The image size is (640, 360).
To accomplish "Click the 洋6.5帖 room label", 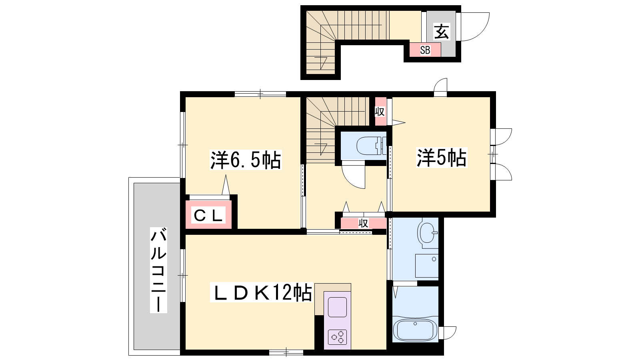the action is click(x=246, y=160).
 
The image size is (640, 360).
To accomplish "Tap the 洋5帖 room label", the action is click(x=442, y=158).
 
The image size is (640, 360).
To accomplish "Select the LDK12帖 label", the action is click(x=261, y=292).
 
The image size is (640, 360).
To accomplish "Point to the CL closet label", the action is click(x=208, y=216).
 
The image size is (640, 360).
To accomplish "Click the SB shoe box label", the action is click(x=425, y=50).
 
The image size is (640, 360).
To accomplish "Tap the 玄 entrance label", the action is click(x=442, y=32).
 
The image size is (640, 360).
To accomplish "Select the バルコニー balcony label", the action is click(x=158, y=270).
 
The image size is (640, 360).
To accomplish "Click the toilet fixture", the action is click(x=372, y=146).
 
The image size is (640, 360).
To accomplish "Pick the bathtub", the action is click(x=415, y=330).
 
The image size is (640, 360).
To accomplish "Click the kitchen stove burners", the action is click(x=338, y=338).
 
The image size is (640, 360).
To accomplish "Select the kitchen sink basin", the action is click(x=338, y=307).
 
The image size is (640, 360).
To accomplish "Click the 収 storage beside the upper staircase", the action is click(x=380, y=112).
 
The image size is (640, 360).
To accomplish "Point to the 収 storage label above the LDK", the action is click(x=364, y=223).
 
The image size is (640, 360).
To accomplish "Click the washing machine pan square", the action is click(x=427, y=266).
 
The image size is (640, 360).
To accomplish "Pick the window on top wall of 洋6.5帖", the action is click(x=260, y=94).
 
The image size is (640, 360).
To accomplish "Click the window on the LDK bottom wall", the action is click(x=286, y=352).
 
